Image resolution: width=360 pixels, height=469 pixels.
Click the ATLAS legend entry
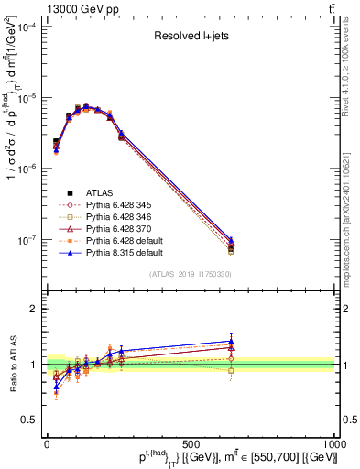pos(98,192)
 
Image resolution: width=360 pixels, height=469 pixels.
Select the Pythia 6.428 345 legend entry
pos(115,205)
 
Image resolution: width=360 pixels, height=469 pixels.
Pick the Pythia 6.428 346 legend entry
pos(115,218)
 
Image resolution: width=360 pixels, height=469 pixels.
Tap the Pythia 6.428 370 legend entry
pos(115,231)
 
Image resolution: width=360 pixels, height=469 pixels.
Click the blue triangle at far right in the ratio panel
pos(231,341)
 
